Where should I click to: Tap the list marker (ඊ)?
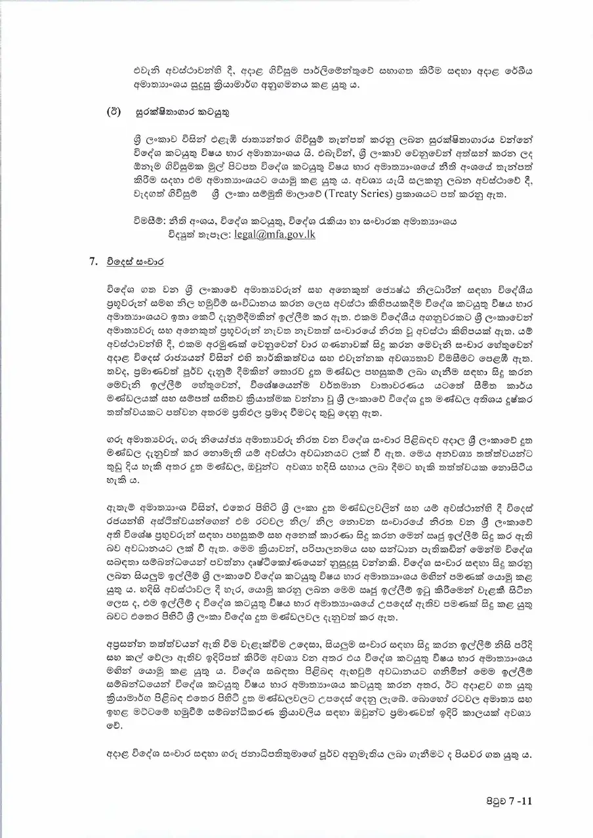click(113, 113)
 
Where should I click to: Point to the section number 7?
click(92, 261)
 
